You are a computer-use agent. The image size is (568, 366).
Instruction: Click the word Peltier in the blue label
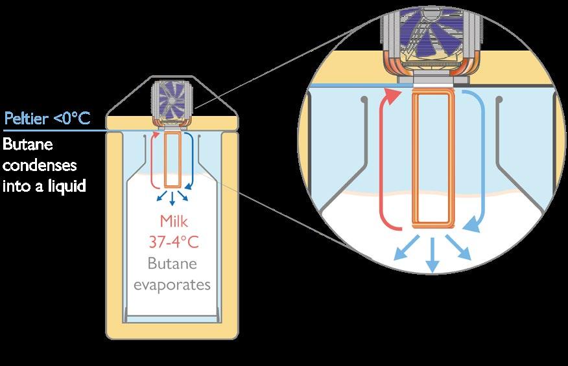tap(26, 119)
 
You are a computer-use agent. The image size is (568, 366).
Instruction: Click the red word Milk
tap(173, 222)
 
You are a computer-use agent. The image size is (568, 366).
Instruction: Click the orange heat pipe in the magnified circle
tap(433, 159)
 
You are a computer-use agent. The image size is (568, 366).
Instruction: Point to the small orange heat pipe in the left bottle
tap(172, 161)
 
